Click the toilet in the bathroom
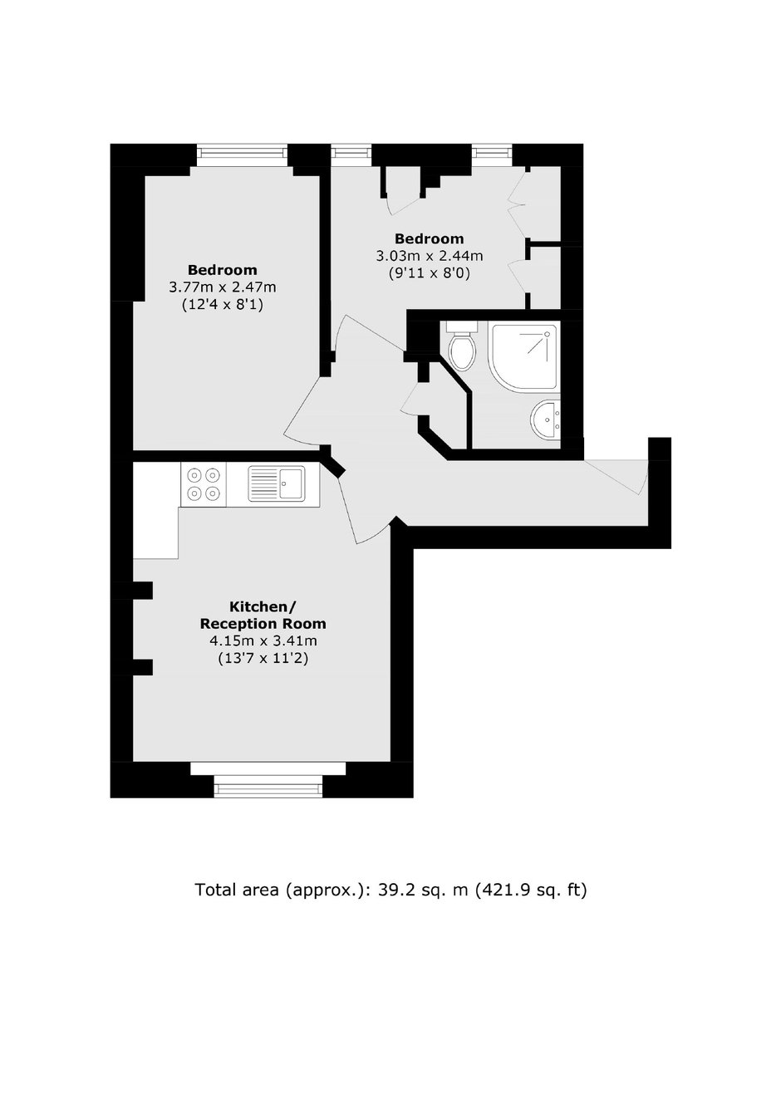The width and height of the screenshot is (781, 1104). click(x=462, y=345)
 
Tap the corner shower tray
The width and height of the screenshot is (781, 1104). click(x=523, y=356)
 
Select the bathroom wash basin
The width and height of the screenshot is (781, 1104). click(x=546, y=419)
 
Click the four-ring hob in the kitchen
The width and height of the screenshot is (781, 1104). click(x=203, y=484)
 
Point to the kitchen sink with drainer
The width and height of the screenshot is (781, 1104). click(x=276, y=484)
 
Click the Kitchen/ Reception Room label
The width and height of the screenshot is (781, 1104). click(x=263, y=615)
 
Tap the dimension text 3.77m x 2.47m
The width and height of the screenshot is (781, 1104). click(x=223, y=287)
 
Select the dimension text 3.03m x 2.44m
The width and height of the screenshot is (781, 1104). click(x=430, y=256)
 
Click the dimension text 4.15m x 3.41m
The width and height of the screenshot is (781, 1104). click(x=263, y=640)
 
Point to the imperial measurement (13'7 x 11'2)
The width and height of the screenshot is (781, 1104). click(x=263, y=659)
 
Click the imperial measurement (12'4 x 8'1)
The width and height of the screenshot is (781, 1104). click(x=223, y=305)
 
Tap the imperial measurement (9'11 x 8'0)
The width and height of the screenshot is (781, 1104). click(x=430, y=273)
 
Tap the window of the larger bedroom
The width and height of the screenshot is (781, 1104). click(x=242, y=155)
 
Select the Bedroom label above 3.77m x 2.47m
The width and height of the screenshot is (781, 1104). click(x=223, y=270)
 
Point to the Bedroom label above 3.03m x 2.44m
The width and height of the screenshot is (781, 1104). click(x=430, y=238)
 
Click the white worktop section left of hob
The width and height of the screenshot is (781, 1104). click(x=156, y=510)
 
